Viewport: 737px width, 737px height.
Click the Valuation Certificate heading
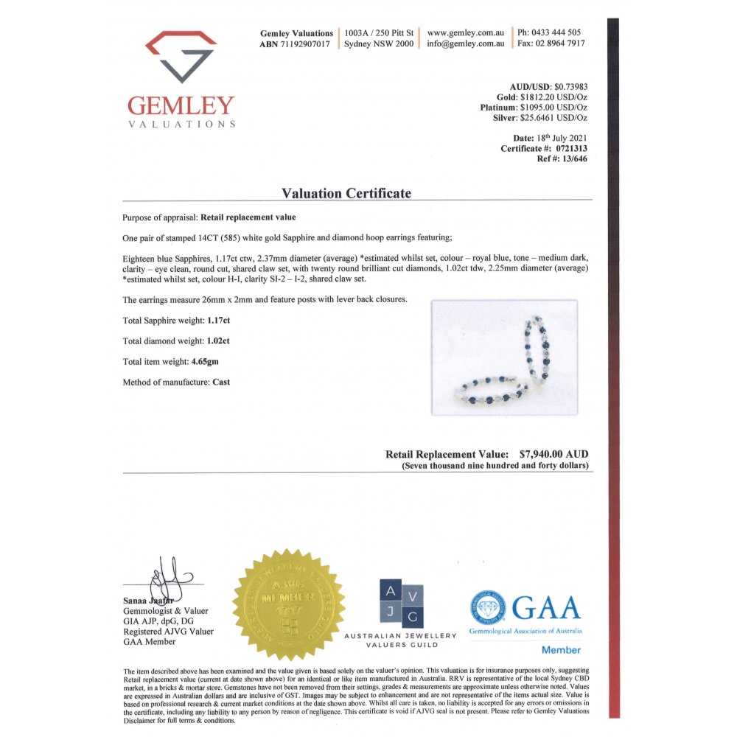[x=346, y=193]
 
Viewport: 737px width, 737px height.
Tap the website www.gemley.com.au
[x=466, y=32]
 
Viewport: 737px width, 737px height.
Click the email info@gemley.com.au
[x=466, y=43]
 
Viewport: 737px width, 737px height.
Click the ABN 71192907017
[x=304, y=43]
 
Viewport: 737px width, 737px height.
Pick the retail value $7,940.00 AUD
[x=553, y=454]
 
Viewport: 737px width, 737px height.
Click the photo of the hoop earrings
[x=504, y=357]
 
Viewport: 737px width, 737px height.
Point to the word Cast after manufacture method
[x=221, y=382]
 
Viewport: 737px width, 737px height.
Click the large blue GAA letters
[x=545, y=608]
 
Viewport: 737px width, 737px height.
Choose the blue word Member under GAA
[x=561, y=650]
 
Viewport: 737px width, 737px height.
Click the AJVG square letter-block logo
[x=402, y=604]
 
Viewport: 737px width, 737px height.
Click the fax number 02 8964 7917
[x=560, y=43]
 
